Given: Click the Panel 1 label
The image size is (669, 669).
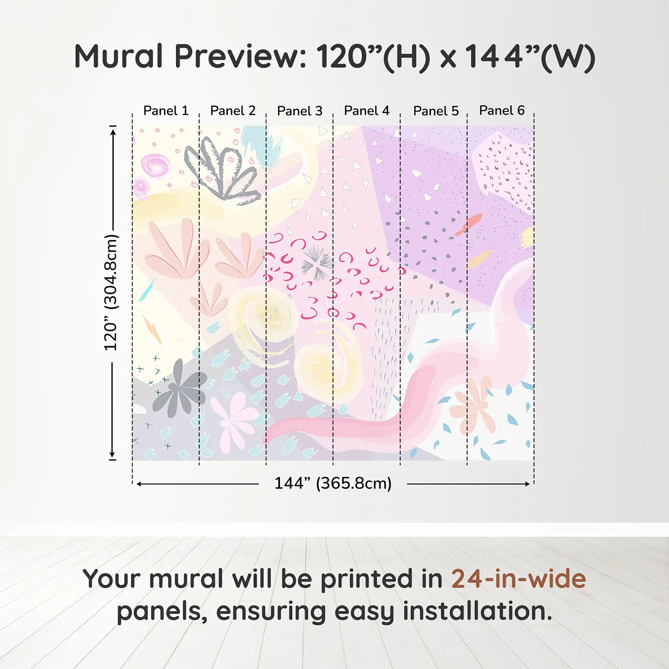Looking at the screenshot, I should tap(166, 111).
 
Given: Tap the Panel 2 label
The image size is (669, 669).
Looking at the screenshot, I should tap(233, 111).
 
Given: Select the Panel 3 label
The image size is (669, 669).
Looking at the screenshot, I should tap(300, 111).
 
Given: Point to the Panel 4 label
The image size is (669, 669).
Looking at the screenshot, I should tap(367, 111).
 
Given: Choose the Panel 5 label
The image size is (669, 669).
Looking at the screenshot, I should tap(436, 111).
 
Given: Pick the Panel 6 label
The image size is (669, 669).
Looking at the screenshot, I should tap(502, 110).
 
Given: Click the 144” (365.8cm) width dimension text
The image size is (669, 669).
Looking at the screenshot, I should tap(333, 483).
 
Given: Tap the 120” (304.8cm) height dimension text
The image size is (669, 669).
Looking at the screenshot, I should tap(111, 292).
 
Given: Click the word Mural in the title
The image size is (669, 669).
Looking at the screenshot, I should tap(119, 56).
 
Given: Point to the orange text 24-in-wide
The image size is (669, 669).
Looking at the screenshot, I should tap(518, 579).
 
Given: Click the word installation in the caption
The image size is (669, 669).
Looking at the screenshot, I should tap(477, 611).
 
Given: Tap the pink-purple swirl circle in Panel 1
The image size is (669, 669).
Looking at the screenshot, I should tap(155, 165).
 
